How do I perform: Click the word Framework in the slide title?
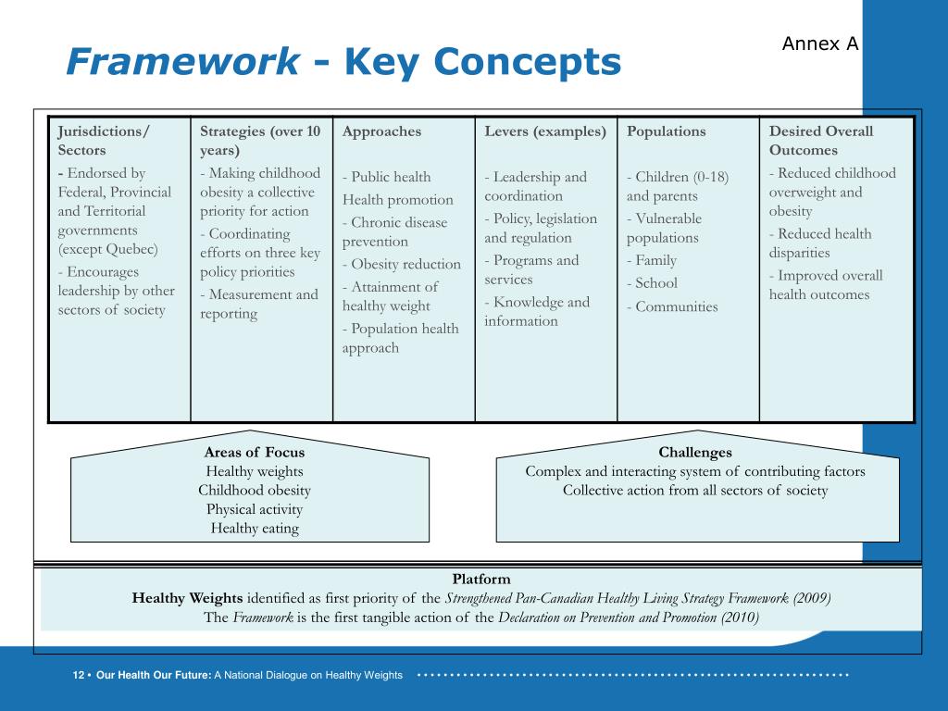183,63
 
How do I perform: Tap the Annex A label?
820,44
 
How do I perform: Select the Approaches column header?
381,131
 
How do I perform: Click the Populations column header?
666,131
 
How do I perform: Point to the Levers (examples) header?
545,131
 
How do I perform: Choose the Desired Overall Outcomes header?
820,141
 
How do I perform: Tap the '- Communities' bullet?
672,306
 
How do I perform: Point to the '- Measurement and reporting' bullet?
258,304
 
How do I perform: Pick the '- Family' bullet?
652,260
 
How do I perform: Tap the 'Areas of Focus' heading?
254,453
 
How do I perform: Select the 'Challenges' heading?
695,453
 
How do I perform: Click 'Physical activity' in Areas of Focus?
255,509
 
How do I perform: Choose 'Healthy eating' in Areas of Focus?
255,529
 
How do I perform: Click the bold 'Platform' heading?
481,579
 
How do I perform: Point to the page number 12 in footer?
79,676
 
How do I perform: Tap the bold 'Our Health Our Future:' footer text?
153,676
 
